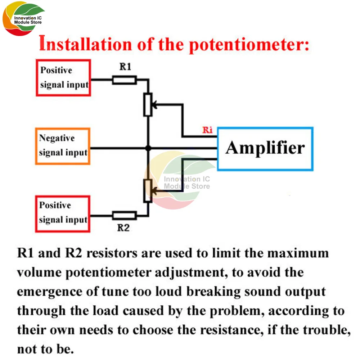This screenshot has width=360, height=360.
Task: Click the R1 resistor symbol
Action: (124, 80)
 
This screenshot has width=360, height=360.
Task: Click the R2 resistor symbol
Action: (124, 216)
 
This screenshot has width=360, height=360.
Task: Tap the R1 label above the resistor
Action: (125, 67)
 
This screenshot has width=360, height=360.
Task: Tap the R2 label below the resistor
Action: (123, 228)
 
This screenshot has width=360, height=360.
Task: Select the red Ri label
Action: (207, 130)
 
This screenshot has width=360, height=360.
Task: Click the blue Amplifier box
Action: (265, 149)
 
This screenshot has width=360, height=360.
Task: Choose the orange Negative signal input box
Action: (63, 146)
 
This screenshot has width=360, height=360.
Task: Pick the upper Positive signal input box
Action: (63, 77)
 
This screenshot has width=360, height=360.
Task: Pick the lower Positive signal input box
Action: (63, 213)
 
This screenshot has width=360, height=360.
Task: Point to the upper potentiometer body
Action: (148, 104)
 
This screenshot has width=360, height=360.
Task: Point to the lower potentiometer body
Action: (148, 191)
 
